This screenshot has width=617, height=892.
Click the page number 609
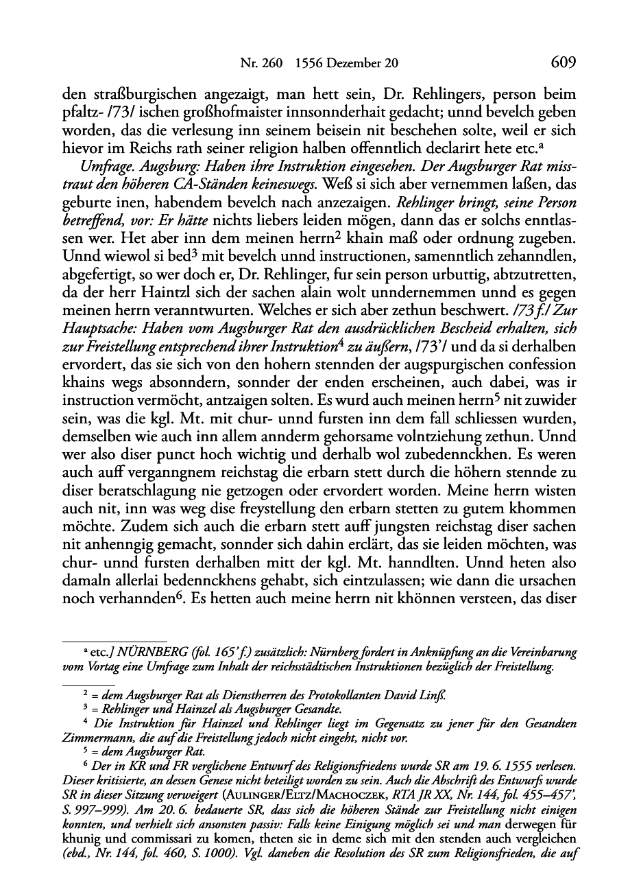coord(562,63)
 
